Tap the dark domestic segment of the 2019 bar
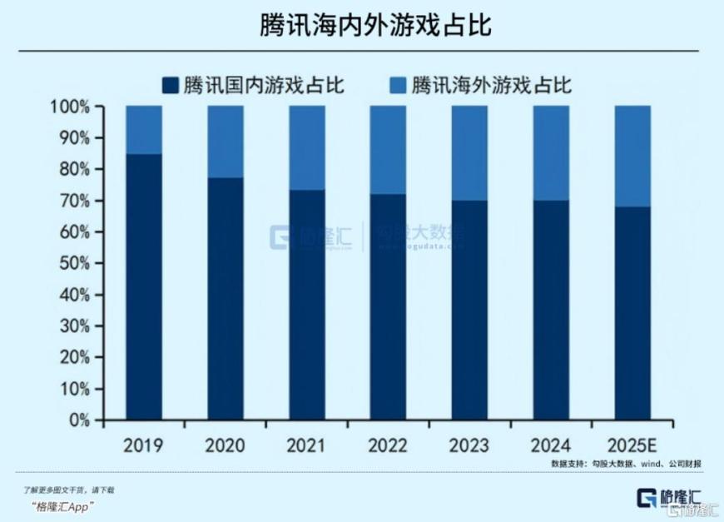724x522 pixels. coord(144,287)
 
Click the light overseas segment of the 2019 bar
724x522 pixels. coord(144,130)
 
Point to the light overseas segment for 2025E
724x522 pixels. coord(632,156)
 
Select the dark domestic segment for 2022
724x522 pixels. coord(389,307)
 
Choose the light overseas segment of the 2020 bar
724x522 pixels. coord(226,142)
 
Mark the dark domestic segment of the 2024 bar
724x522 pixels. coord(551,310)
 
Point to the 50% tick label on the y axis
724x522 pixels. coord(73,264)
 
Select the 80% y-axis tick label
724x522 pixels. coord(73,170)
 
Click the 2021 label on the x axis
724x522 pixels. coord(307,445)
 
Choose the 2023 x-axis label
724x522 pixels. coord(469,445)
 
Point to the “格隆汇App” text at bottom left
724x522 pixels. coord(62,506)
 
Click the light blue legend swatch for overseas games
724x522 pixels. coord(398,85)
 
